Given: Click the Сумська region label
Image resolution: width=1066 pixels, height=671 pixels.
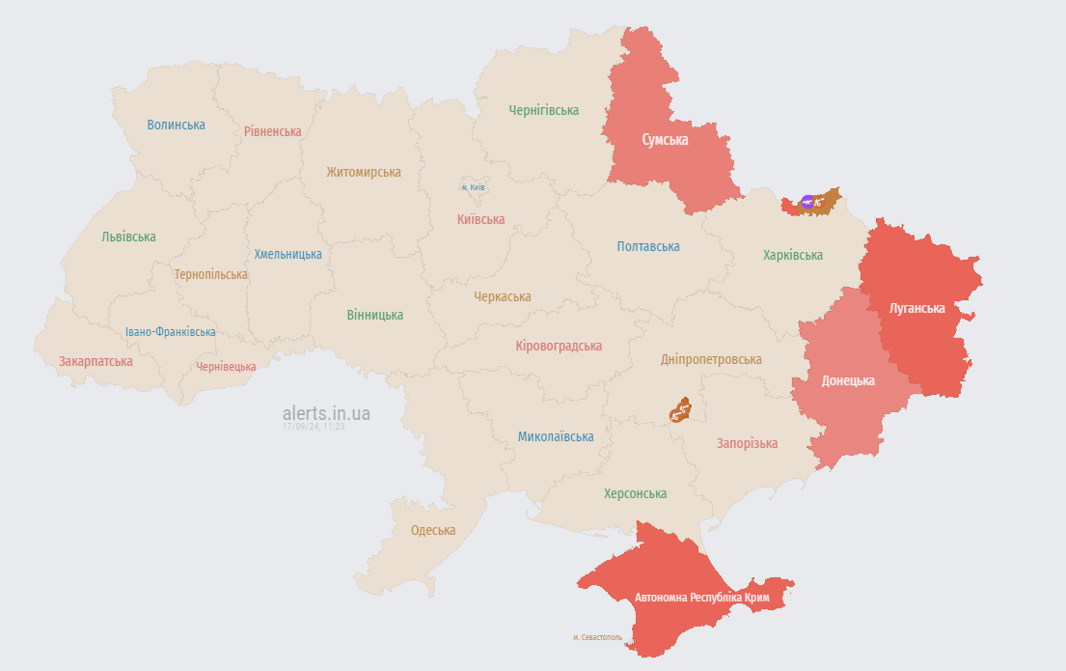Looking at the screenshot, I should tap(665, 139).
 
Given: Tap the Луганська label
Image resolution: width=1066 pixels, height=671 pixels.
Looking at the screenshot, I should tap(916, 308).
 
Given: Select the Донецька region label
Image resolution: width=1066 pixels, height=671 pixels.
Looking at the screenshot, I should tap(848, 380).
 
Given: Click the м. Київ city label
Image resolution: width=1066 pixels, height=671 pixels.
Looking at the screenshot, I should tap(472, 186).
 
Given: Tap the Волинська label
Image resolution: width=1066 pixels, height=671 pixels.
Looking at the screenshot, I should tap(176, 125).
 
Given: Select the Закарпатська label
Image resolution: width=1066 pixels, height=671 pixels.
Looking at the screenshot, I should tap(96, 361).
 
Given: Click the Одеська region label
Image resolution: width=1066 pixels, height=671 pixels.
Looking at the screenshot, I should tap(433, 530).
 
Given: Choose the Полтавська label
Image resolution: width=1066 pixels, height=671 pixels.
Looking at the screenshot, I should tap(648, 246).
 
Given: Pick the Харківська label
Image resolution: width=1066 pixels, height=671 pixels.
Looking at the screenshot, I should tap(793, 255).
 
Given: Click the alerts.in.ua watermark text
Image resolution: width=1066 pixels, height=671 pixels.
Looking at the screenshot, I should tap(326, 413).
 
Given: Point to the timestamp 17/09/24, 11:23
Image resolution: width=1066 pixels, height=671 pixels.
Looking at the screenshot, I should tap(314, 426).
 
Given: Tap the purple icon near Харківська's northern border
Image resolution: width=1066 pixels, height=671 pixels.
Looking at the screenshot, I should tap(807, 202).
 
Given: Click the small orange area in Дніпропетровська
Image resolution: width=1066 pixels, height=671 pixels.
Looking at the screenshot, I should tap(681, 410).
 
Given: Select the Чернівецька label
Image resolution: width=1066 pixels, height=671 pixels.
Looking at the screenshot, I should tap(226, 367).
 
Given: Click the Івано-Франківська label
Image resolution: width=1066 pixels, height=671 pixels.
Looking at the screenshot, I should tap(171, 332).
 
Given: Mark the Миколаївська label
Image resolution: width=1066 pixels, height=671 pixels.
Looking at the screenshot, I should tap(556, 436).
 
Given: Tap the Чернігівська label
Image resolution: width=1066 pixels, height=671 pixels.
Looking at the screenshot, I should tap(544, 110).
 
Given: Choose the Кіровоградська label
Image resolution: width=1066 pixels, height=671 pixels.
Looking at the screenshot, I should tap(559, 346).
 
